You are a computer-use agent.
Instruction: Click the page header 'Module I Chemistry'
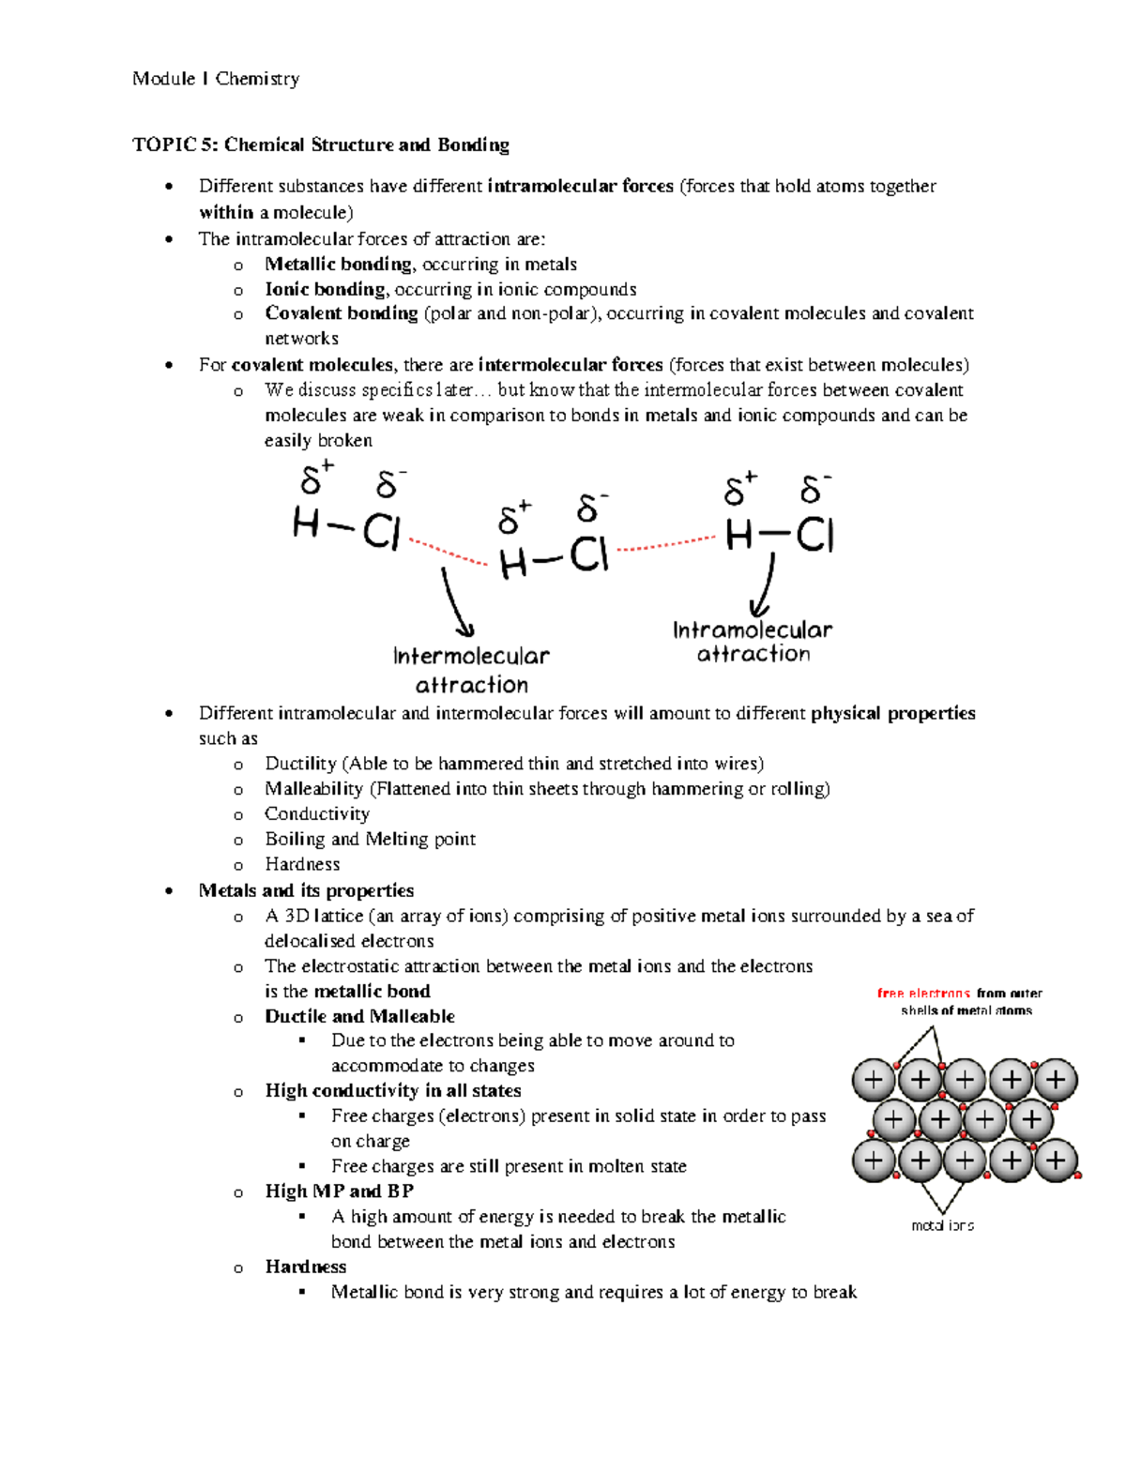pos(216,79)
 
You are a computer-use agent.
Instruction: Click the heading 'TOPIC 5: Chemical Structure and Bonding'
pos(321,144)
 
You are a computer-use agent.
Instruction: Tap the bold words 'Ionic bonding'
pos(325,289)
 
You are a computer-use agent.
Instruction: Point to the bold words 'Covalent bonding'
pos(341,313)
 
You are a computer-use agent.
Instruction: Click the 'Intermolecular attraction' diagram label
pos(471,670)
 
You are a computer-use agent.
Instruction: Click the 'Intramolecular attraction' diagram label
pos(753,642)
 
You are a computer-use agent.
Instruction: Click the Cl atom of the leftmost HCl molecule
pos(382,533)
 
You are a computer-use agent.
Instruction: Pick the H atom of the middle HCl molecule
pos(513,564)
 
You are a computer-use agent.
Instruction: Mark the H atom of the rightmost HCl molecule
pos(739,536)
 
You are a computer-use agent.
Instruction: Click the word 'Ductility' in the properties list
pos(300,764)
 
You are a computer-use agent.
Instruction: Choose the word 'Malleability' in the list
pos(313,789)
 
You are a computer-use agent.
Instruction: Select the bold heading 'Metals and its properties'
pos(306,890)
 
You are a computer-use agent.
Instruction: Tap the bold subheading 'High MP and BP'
pos(339,1191)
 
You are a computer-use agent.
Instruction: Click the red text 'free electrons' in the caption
pos(923,993)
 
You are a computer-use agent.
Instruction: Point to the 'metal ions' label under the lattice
pos(942,1225)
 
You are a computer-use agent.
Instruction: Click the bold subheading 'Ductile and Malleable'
pos(359,1016)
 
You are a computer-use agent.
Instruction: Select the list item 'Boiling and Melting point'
pos(370,839)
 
